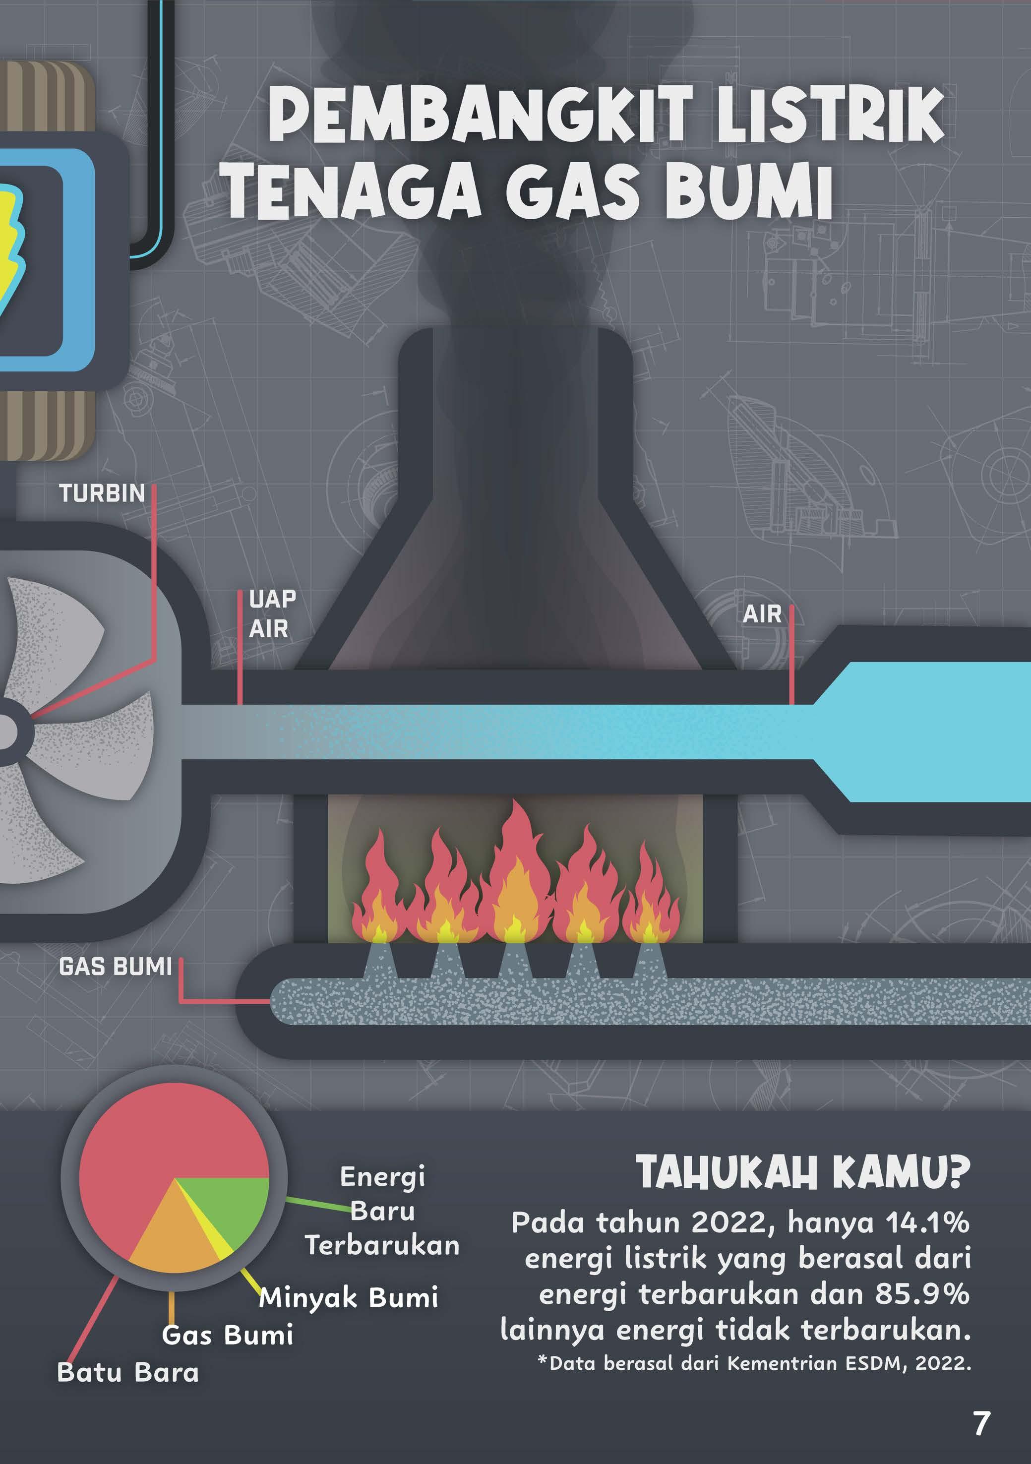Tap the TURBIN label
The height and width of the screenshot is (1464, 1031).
tap(102, 493)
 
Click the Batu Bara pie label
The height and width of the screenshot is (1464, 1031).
tap(127, 1372)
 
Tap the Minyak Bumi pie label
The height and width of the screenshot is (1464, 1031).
tap(349, 1296)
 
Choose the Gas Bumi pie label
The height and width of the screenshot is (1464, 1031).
tap(228, 1335)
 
